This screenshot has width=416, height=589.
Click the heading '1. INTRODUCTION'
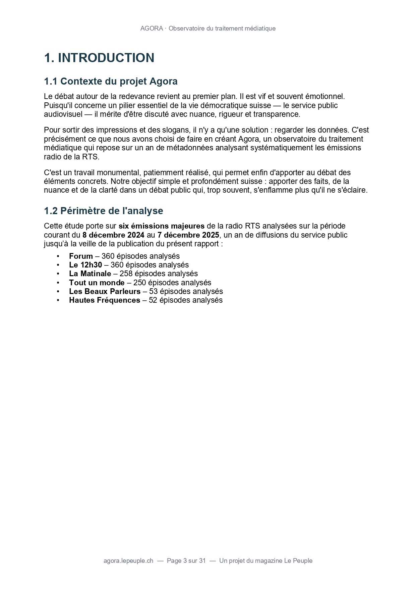point(99,58)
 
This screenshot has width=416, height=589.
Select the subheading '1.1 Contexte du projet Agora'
point(111,81)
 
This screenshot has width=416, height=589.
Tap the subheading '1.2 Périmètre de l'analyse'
point(103,211)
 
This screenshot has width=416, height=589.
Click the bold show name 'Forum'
point(81,256)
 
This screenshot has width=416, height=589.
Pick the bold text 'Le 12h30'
point(85,265)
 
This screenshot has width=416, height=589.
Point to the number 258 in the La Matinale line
point(126,274)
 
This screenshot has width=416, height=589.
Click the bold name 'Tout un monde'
point(97,283)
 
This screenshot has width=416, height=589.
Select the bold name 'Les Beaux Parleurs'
point(105,291)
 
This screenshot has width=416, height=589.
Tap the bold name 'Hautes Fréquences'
point(105,300)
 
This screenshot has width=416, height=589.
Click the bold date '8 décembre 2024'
point(113,235)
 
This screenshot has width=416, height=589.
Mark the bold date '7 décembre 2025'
point(188,235)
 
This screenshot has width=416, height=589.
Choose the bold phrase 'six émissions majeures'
point(161,226)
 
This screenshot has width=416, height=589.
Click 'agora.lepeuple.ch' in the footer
point(128,560)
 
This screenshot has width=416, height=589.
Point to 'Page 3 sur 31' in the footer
point(186,560)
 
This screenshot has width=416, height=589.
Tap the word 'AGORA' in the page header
point(152,29)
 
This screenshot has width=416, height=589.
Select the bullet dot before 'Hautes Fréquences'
point(58,300)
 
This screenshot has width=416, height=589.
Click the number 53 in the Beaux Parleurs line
point(153,291)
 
